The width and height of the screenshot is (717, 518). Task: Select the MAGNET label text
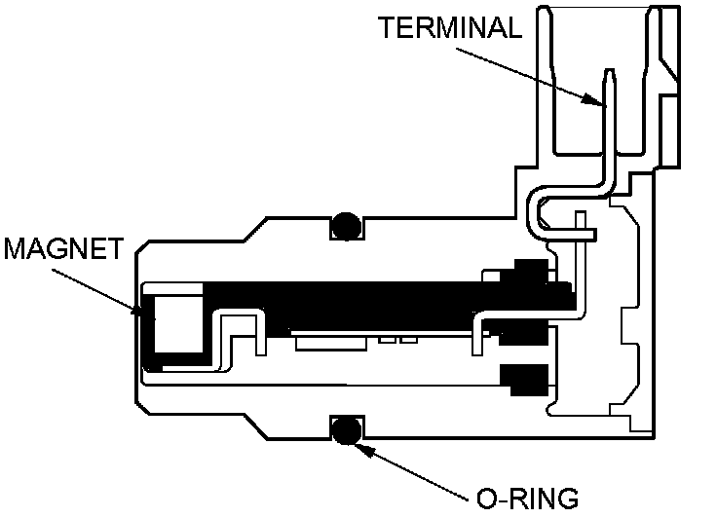click(64, 249)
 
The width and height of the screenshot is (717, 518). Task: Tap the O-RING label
click(527, 498)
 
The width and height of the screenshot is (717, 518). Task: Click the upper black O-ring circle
click(346, 226)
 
